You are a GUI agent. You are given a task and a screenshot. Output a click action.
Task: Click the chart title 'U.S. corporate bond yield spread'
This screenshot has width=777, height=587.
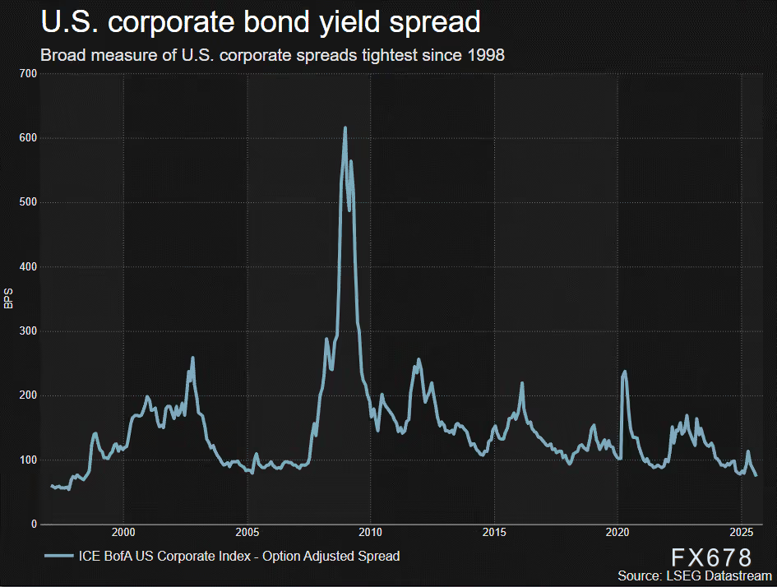click(261, 23)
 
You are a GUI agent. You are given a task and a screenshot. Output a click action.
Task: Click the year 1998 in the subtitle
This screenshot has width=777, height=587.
click(487, 55)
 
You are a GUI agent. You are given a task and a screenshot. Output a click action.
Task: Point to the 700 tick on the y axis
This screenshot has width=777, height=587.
click(29, 74)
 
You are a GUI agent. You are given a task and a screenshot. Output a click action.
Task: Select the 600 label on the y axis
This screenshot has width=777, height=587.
click(29, 138)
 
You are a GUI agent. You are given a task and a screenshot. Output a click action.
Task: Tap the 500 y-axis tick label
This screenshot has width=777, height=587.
click(29, 202)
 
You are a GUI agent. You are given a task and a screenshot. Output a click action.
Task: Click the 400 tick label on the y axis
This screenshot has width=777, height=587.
click(29, 267)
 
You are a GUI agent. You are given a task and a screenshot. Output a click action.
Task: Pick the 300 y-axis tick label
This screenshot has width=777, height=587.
click(29, 331)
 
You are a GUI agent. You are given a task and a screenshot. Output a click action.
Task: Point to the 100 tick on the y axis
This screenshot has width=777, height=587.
click(29, 460)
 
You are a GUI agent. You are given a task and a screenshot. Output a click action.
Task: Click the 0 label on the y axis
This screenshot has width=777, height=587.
click(34, 525)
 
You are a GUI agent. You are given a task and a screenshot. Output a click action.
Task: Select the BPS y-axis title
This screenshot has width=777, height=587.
click(9, 298)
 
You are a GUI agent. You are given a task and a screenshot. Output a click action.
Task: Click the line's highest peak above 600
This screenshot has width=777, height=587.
click(345, 128)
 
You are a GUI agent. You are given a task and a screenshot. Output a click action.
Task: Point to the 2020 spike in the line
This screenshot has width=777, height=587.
click(625, 372)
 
